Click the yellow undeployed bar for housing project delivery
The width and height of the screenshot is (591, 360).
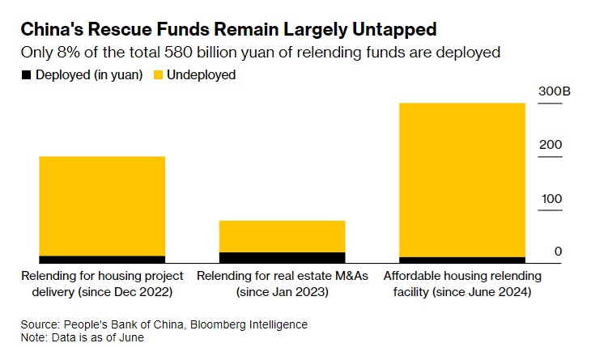[102, 206]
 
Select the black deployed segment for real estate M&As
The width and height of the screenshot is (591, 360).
[282, 257]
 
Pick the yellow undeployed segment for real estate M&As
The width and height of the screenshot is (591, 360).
[282, 236]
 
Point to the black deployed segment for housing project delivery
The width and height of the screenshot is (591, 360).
[102, 260]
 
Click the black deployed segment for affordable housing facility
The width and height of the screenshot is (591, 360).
[461, 260]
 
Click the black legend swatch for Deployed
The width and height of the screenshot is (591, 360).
[25, 75]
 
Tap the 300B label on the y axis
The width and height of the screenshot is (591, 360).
[555, 92]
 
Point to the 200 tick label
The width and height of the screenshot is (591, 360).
[551, 145]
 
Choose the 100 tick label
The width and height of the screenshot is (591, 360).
[551, 199]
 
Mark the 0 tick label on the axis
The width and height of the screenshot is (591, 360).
[558, 252]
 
